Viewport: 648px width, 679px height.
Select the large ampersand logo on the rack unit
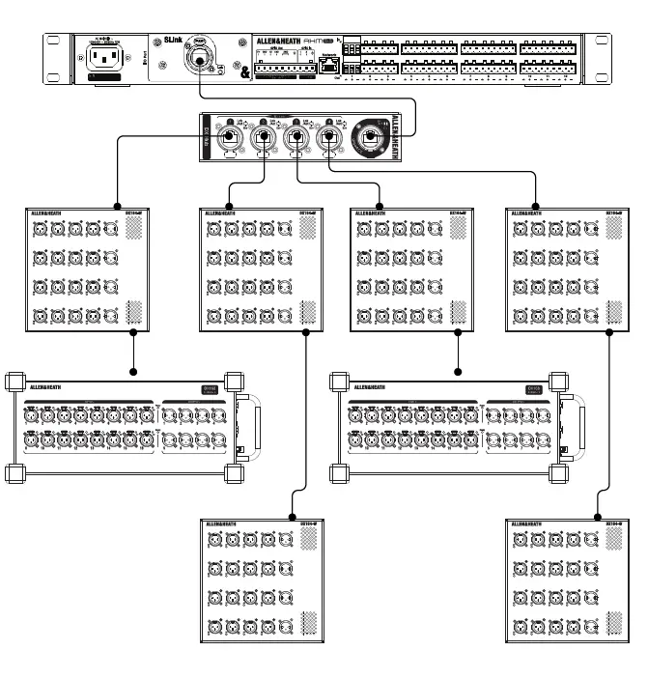(244, 71)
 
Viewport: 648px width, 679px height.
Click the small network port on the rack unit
(331, 65)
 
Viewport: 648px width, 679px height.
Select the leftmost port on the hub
(232, 137)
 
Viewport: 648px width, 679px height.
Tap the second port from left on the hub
(264, 137)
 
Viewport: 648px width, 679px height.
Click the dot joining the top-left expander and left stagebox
(133, 370)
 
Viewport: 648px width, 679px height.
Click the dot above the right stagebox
(457, 370)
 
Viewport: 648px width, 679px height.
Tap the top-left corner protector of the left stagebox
(14, 379)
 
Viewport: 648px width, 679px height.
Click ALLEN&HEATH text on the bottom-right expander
(529, 523)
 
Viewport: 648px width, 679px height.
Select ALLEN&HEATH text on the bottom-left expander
(224, 523)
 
